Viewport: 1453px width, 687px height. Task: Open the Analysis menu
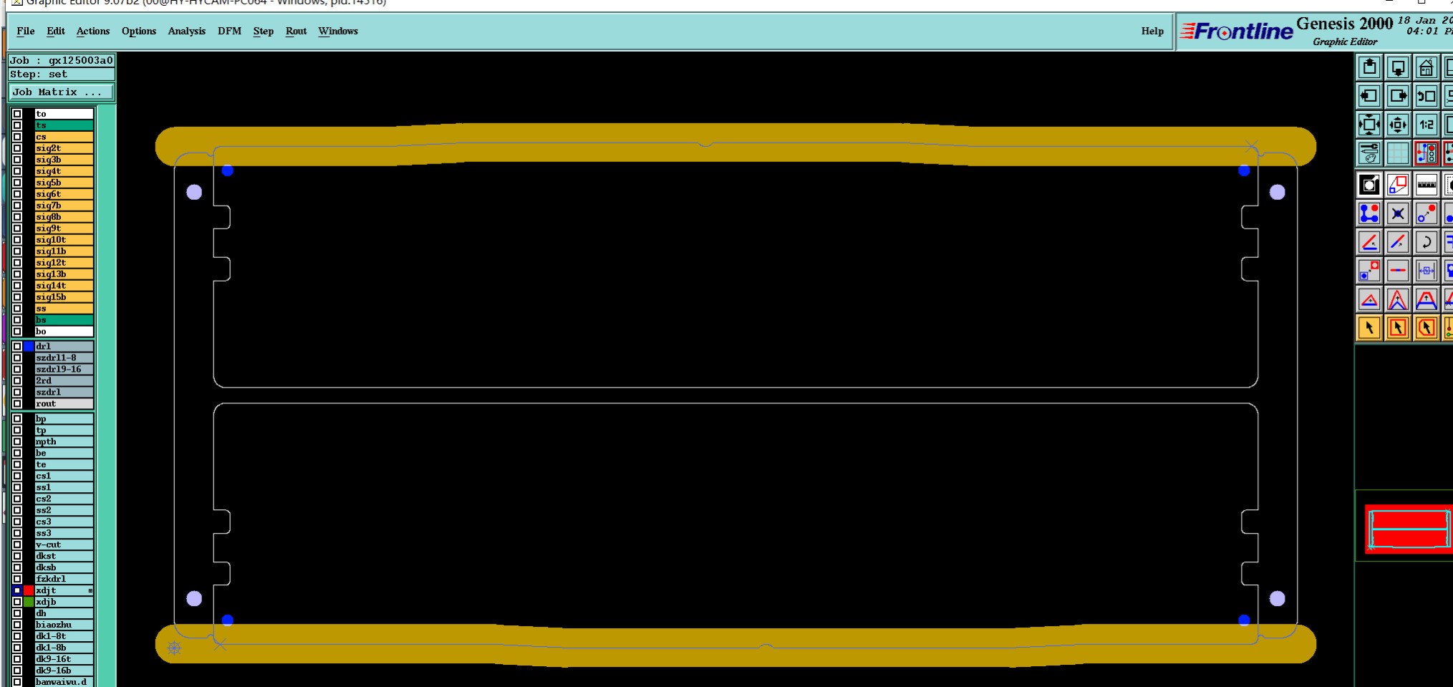186,31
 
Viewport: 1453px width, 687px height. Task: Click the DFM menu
229,31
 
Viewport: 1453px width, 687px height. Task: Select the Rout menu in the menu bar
296,31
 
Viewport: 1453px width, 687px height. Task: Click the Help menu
1152,31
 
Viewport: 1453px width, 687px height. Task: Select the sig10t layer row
63,240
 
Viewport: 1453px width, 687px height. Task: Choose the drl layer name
63,346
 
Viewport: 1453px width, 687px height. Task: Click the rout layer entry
63,404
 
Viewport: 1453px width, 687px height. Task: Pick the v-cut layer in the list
63,544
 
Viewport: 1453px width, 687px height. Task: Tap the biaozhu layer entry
63,625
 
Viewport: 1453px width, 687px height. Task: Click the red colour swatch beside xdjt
29,590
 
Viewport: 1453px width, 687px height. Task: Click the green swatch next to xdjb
29,602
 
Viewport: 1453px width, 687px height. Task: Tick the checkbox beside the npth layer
17,441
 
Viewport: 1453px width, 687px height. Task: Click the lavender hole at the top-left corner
194,192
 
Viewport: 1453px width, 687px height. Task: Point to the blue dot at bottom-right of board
1244,620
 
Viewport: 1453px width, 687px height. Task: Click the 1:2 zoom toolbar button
1426,125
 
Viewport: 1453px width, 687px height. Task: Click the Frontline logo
1237,32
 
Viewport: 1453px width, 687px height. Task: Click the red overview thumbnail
1408,529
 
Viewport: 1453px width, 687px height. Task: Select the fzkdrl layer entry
63,579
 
